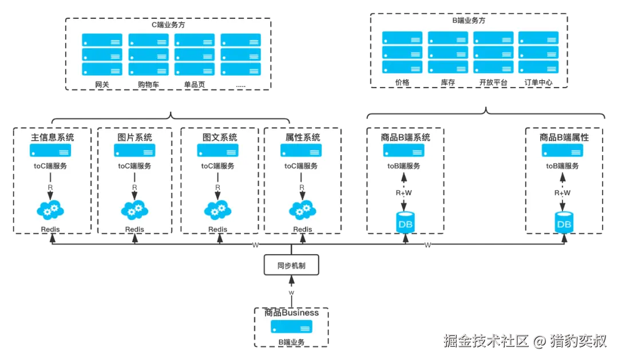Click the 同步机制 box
[x=291, y=266]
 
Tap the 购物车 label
[x=148, y=84]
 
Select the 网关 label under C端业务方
[x=102, y=84]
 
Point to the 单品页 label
[x=195, y=84]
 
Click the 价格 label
[x=402, y=82]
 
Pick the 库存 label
[x=448, y=82]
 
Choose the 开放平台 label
[x=493, y=82]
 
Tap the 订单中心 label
[x=538, y=82]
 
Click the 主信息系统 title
[x=52, y=137]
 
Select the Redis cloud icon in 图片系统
[x=135, y=210]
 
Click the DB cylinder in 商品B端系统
[x=405, y=223]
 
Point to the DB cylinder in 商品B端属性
[x=564, y=223]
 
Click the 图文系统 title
[x=220, y=137]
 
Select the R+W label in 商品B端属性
[x=562, y=193]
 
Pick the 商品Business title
[x=291, y=313]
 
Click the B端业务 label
[x=291, y=342]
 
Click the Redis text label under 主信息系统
[x=50, y=230]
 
